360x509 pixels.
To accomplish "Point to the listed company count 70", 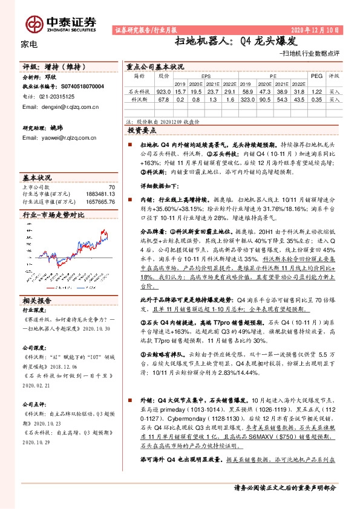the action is click(x=111, y=187).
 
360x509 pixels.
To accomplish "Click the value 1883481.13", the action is click(x=99, y=194).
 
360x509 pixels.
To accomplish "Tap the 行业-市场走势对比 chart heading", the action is click(x=53, y=215).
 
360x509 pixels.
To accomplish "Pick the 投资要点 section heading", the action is click(x=142, y=130).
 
